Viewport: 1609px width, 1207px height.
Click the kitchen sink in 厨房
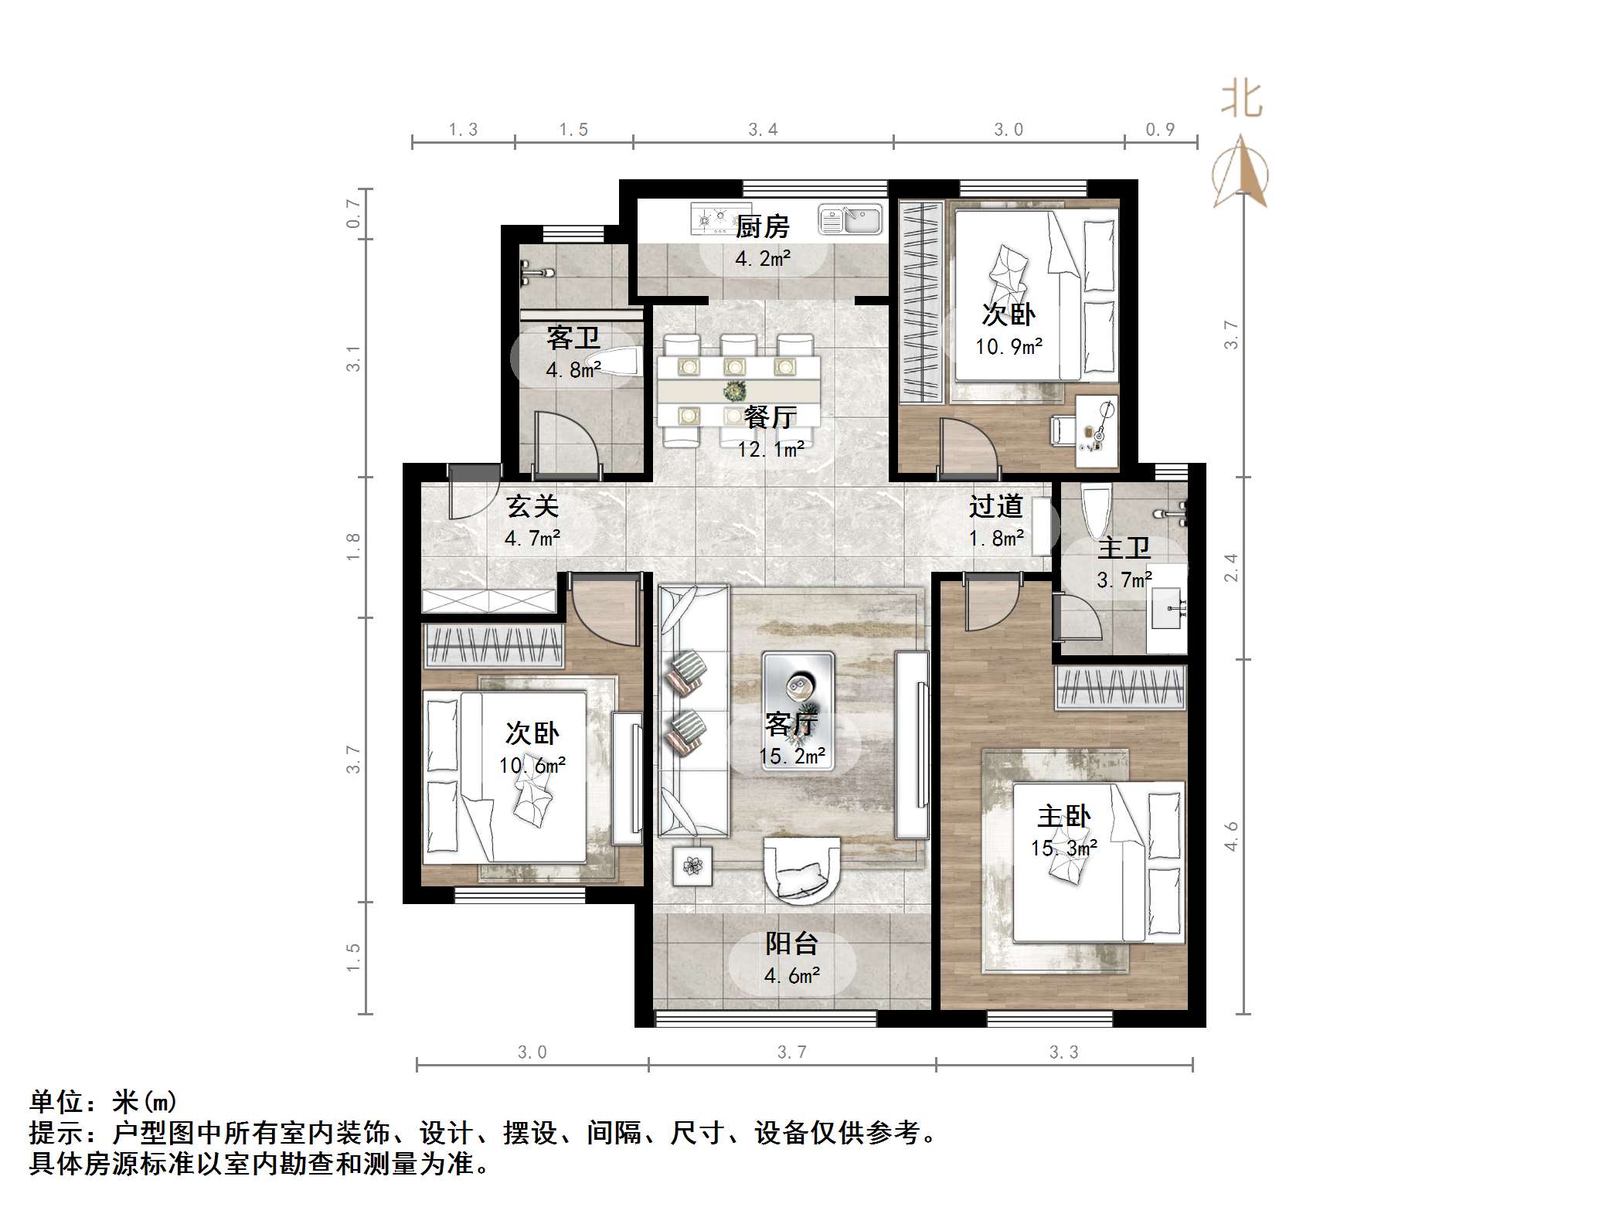coord(850,219)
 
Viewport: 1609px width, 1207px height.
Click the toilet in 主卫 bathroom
coord(1096,512)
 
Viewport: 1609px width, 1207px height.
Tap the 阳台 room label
coord(791,943)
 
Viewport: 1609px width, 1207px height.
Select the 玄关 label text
coord(532,506)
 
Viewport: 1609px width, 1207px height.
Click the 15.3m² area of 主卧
coord(1063,848)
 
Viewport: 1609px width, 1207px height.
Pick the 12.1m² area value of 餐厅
coord(770,449)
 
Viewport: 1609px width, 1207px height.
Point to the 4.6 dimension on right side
coord(1231,836)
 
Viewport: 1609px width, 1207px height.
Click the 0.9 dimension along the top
coord(1160,130)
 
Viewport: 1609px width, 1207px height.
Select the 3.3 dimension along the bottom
coord(1063,1052)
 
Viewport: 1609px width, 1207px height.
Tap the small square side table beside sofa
coord(692,866)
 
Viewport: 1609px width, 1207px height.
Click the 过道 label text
coord(995,506)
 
